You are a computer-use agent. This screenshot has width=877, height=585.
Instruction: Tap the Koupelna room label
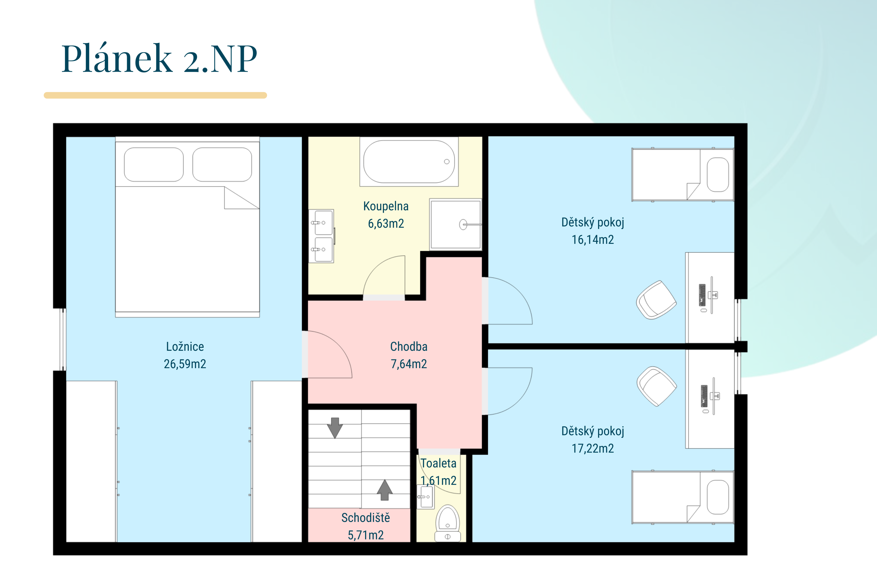click(386, 206)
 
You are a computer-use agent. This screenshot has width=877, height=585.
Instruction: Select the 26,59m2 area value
click(185, 364)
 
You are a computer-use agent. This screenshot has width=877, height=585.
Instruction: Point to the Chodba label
click(409, 346)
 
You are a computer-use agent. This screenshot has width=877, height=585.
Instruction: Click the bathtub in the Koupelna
click(409, 162)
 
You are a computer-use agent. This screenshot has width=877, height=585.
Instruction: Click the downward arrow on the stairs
click(335, 427)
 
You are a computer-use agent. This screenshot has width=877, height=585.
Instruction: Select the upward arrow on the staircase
click(385, 489)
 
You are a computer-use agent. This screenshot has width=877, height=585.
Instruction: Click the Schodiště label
click(366, 518)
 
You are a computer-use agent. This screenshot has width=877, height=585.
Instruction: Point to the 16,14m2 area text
click(593, 240)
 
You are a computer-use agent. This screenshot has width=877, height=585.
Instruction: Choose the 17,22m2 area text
click(593, 448)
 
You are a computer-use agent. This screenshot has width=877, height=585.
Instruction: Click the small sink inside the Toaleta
click(425, 496)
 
